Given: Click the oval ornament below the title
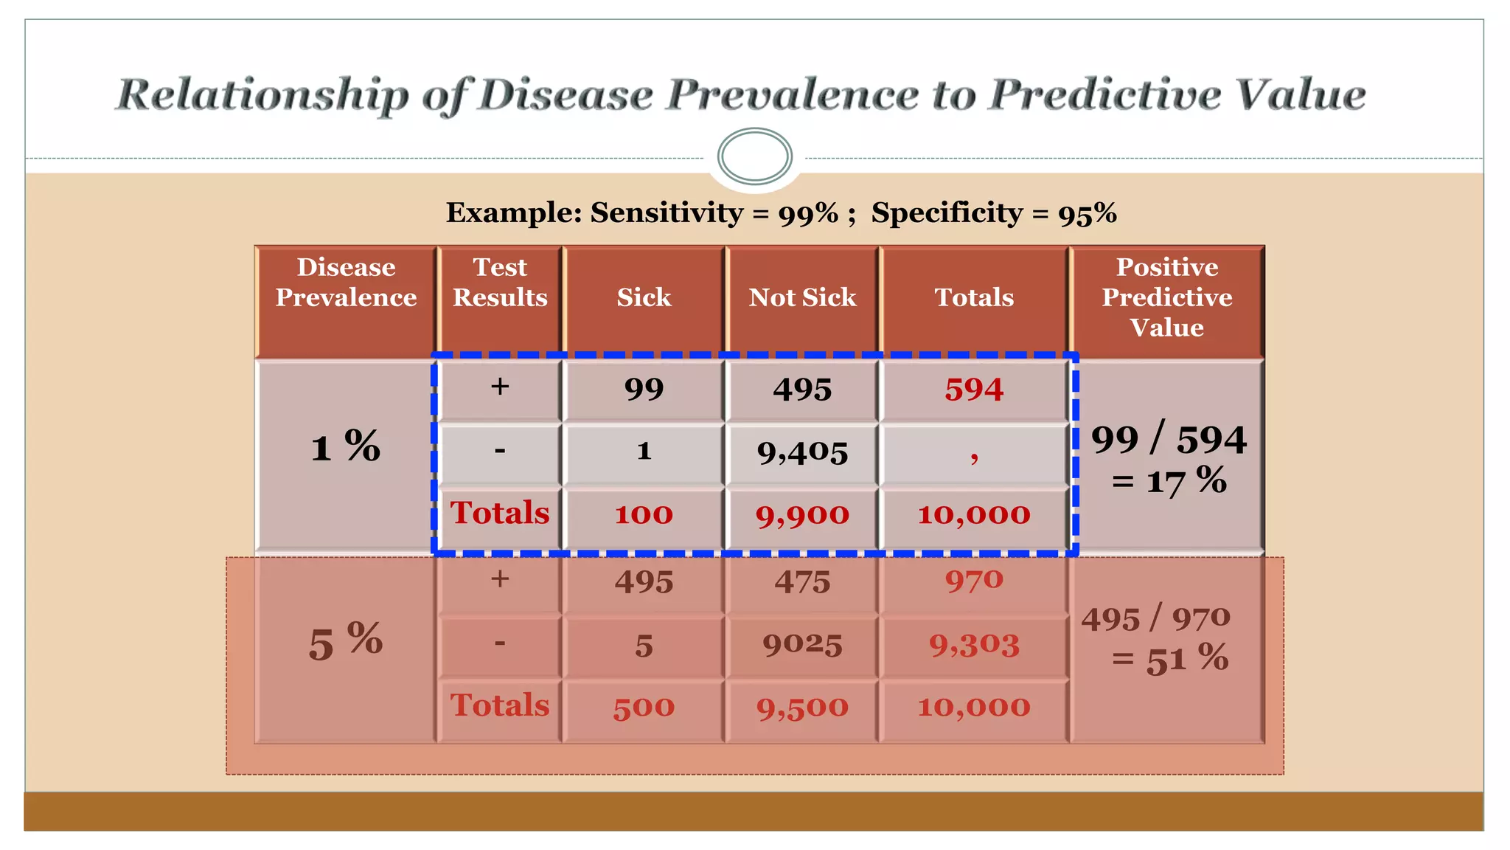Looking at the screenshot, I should [754, 156].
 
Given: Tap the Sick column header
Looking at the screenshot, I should [644, 297].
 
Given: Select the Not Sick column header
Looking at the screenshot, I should [802, 297].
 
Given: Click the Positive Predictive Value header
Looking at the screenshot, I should [1166, 297].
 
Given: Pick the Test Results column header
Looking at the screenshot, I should [500, 283].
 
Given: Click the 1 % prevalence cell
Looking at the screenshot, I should [345, 447].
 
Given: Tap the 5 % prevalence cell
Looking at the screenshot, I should [345, 640].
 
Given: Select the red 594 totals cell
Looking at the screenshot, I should [974, 390].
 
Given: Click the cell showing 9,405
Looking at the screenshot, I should [802, 452].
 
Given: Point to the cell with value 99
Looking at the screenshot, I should [644, 390].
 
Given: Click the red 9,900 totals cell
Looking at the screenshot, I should [802, 514].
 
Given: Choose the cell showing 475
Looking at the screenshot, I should [802, 582].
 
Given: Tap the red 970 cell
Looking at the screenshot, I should [974, 581].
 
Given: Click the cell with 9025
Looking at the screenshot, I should [802, 645].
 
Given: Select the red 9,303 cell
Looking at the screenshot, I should [974, 645].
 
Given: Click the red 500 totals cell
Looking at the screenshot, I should [644, 707].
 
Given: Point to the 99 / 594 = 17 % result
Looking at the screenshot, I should [1168, 459].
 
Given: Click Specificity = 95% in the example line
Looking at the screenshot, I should [993, 213].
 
